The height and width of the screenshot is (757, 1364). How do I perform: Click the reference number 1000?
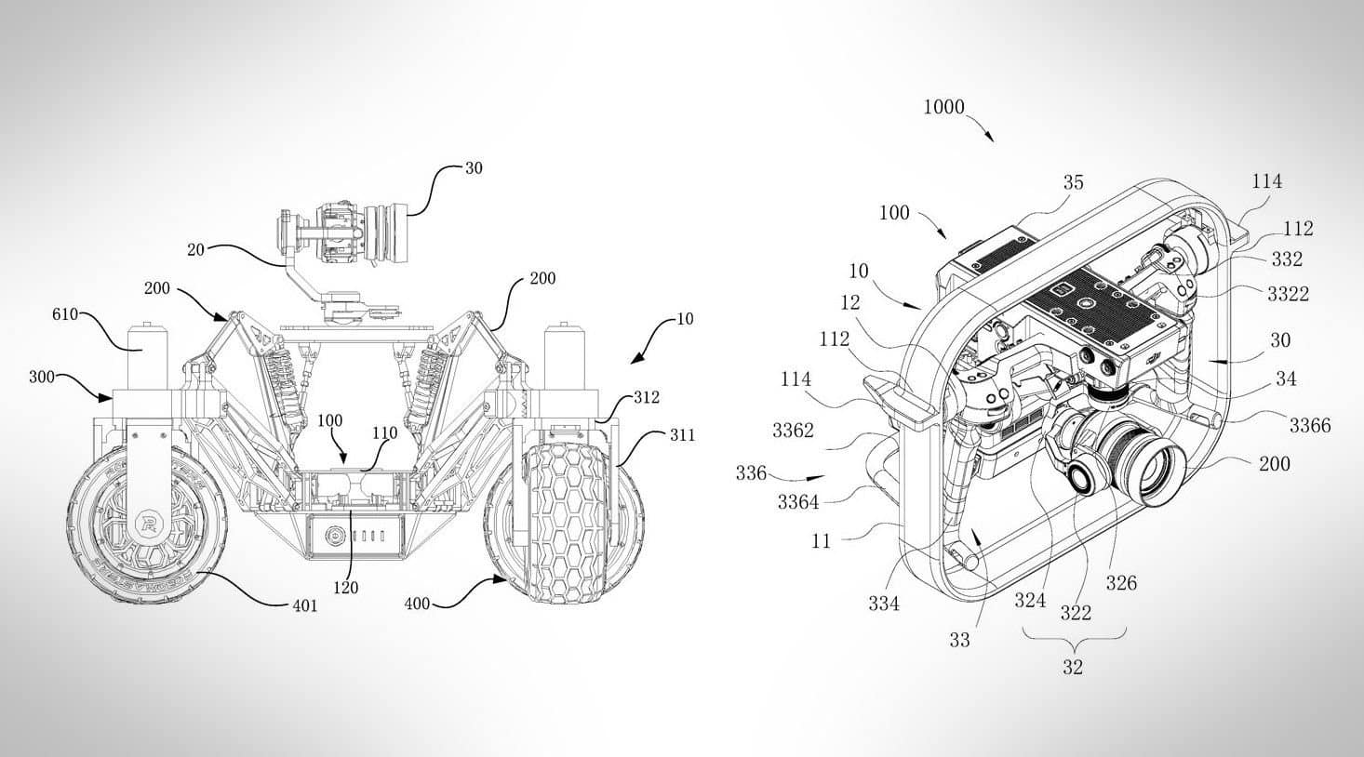click(943, 107)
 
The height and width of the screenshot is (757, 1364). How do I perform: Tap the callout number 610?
click(65, 315)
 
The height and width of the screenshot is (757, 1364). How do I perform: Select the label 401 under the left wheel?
click(304, 606)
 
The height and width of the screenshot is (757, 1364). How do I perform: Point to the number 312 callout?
click(647, 397)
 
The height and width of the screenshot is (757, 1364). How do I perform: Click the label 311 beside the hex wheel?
click(682, 434)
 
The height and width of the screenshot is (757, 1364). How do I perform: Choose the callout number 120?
click(349, 587)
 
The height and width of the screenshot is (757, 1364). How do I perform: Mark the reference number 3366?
click(1309, 425)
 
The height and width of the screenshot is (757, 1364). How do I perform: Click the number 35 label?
click(1073, 182)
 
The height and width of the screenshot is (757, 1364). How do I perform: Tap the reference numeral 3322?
click(1288, 294)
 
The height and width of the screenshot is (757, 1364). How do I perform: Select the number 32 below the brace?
click(1073, 667)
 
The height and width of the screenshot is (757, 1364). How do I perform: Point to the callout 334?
click(884, 604)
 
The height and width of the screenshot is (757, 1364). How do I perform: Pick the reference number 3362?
click(793, 430)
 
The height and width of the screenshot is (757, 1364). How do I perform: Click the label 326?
click(1121, 583)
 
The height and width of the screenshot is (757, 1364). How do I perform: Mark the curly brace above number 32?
click(1073, 641)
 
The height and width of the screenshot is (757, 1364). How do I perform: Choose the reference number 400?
click(418, 604)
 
